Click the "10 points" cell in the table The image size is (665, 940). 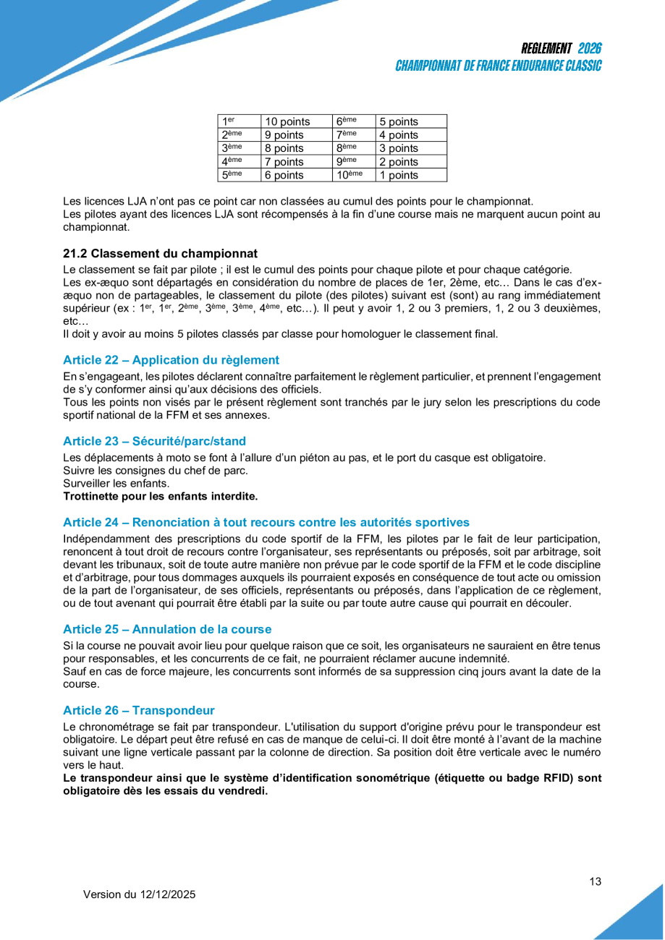tap(287, 121)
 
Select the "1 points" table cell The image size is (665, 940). tap(399, 175)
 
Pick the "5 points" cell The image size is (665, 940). tap(399, 121)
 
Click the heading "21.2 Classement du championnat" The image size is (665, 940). tap(161, 254)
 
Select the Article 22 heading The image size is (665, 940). tap(171, 360)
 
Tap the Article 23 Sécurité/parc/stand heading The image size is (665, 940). tap(154, 441)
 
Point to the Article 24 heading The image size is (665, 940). tap(266, 522)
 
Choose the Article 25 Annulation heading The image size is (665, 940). tap(167, 629)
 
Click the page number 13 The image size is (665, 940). tap(596, 881)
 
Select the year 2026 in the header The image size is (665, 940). tap(590, 48)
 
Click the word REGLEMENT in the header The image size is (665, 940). tap(546, 48)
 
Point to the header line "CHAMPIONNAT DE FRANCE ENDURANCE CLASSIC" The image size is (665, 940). tap(499, 66)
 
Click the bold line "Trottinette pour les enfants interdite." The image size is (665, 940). tap(161, 496)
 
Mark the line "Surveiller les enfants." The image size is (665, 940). tap(117, 483)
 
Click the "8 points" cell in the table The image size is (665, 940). tap(284, 148)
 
